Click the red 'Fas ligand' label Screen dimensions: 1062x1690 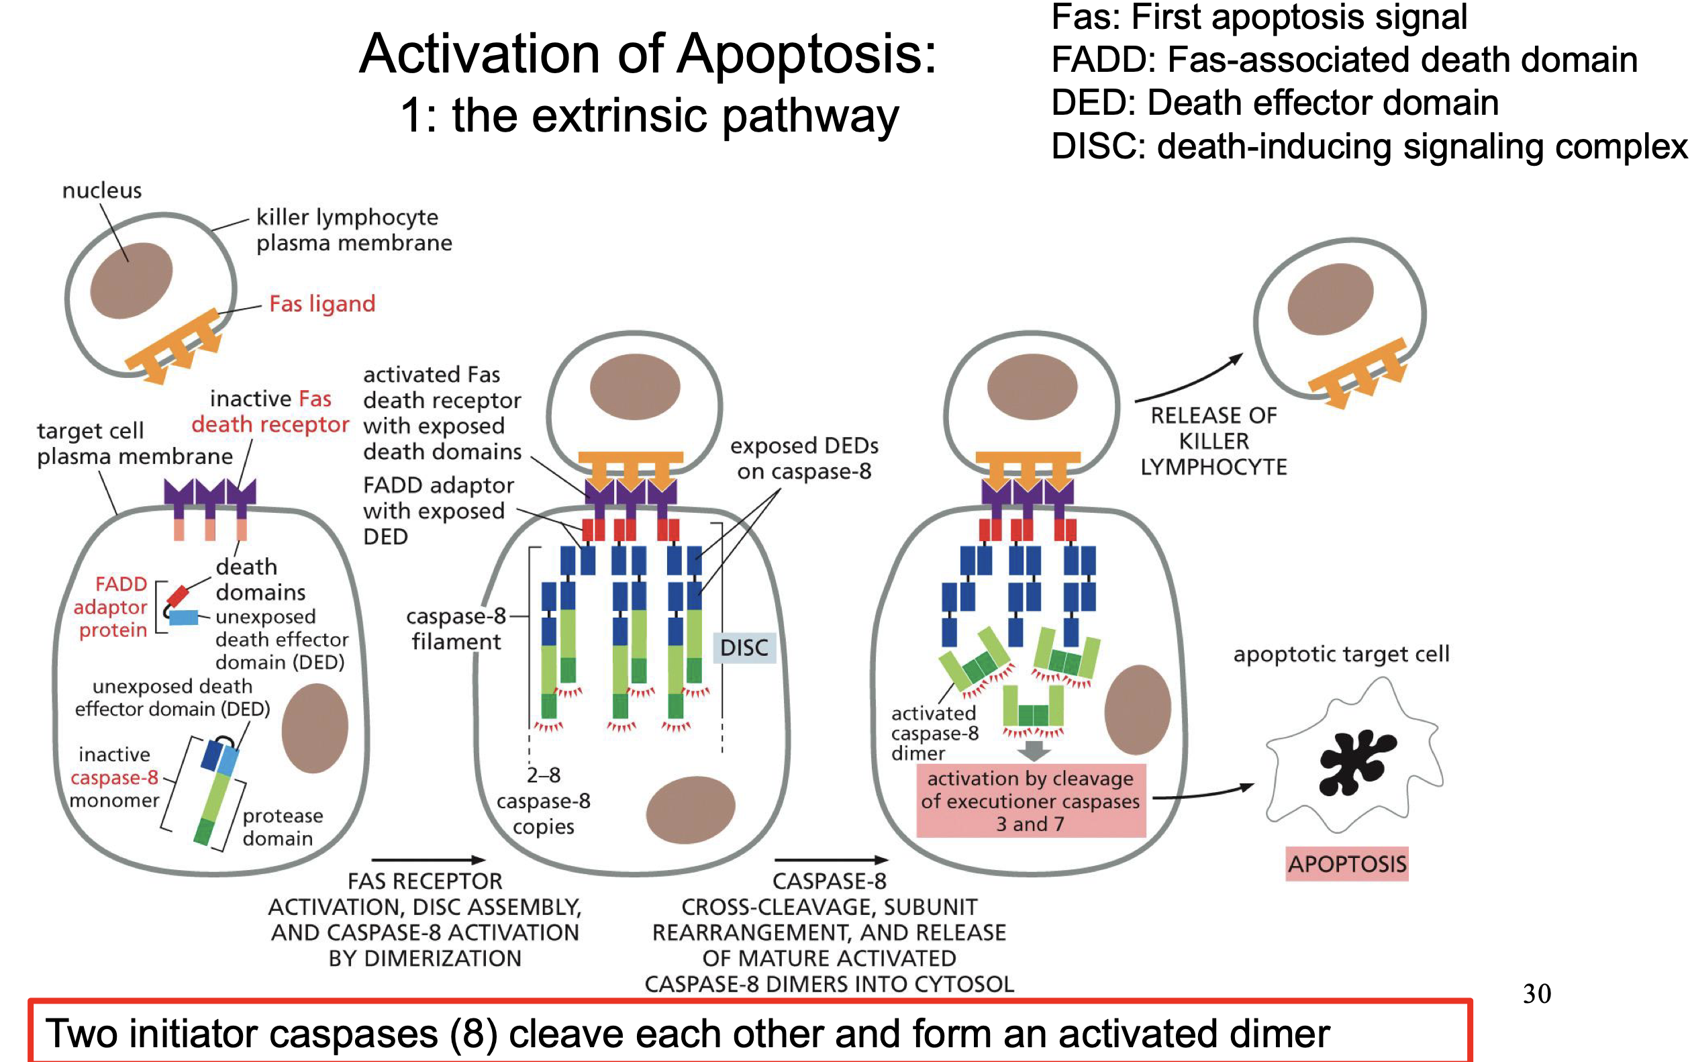coord(322,304)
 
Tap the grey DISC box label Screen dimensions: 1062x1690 coord(744,647)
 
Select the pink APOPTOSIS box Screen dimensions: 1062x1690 coord(1346,863)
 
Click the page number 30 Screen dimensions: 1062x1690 coord(1536,994)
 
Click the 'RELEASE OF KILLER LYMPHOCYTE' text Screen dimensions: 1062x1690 coord(1213,441)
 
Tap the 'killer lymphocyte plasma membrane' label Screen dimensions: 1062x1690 coord(353,230)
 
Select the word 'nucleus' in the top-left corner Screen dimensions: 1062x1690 coord(102,190)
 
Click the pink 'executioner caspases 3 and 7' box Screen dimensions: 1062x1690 coord(1030,801)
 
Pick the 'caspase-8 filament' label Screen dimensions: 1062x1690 coord(456,629)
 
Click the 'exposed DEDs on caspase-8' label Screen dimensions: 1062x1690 coord(804,458)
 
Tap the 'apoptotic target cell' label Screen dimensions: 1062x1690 coord(1340,655)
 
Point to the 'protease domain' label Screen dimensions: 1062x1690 coord(282,827)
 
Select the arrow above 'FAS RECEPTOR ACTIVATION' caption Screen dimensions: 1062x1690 coord(428,860)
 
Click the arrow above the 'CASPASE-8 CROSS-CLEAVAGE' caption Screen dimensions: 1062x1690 coord(831,860)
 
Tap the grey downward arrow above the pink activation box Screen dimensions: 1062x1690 coord(1034,751)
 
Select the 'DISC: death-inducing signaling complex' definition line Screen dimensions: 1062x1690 coord(1369,147)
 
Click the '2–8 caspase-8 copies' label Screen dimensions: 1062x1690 coord(543,801)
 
